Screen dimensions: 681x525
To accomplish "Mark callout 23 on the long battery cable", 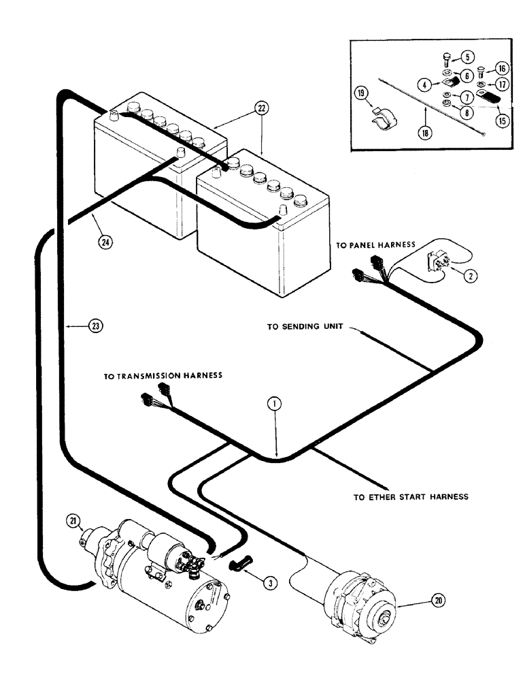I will coord(95,326).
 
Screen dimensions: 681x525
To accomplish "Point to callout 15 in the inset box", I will coord(502,121).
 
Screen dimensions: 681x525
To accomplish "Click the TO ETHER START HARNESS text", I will coord(411,496).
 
